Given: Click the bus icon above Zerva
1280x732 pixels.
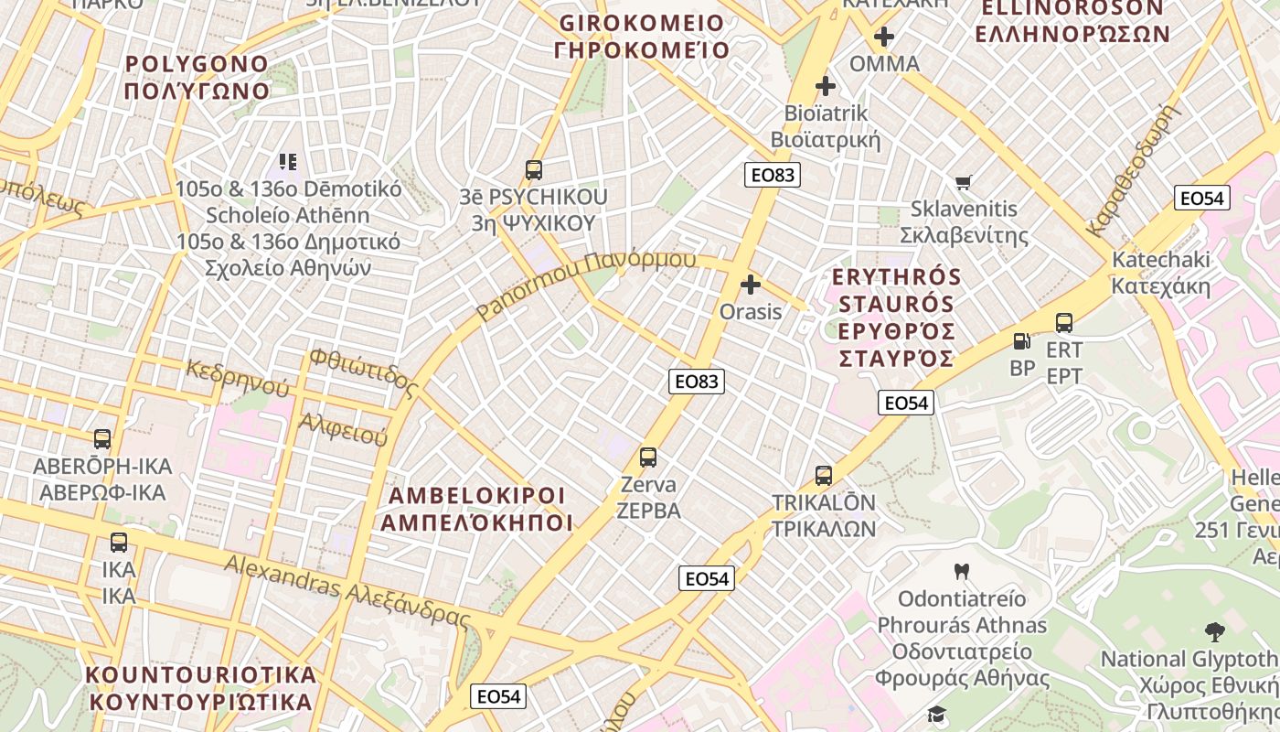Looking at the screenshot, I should click(648, 457).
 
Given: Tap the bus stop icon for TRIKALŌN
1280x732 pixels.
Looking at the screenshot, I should click(824, 476).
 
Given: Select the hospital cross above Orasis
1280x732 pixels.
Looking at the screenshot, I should click(751, 285).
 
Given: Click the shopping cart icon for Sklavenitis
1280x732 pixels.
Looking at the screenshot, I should click(963, 182).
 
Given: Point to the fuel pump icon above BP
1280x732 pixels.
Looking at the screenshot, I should click(1021, 341).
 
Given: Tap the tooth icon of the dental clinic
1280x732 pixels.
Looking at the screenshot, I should click(961, 572).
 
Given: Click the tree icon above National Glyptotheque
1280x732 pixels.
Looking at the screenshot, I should click(1215, 631).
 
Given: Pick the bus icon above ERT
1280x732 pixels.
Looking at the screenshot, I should click(1064, 323).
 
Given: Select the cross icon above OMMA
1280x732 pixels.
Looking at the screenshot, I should click(884, 38).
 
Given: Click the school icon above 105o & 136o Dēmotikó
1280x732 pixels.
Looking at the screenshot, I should click(288, 162).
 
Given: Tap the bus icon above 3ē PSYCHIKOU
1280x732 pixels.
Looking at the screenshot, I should click(534, 170).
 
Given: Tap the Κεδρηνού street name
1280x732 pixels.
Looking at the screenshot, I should click(238, 379).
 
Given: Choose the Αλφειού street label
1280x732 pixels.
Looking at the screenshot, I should click(344, 429).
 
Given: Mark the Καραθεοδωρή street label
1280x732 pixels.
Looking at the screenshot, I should click(1130, 170).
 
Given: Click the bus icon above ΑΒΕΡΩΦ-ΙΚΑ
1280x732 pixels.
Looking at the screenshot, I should click(102, 439).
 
